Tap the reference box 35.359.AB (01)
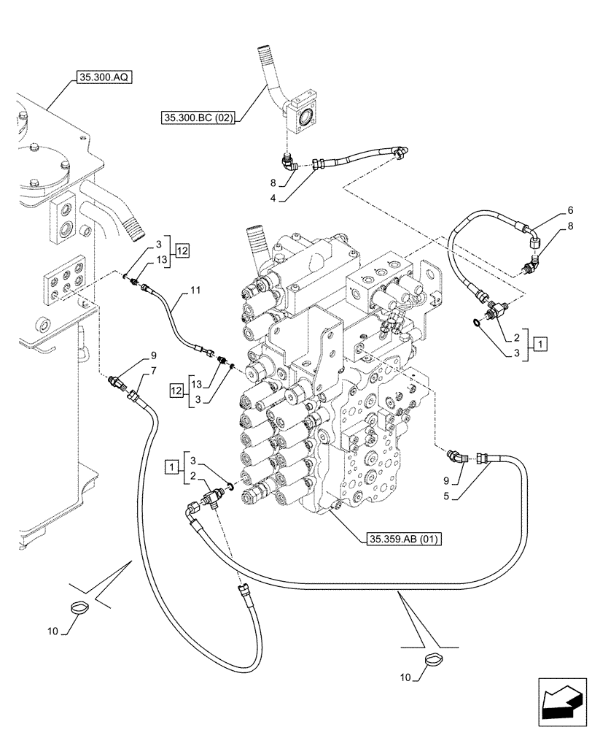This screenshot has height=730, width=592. (403, 539)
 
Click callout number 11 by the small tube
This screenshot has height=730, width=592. (195, 291)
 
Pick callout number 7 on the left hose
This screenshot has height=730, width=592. (154, 373)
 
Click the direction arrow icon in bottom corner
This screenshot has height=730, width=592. (562, 704)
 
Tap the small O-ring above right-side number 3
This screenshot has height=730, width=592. (477, 320)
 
